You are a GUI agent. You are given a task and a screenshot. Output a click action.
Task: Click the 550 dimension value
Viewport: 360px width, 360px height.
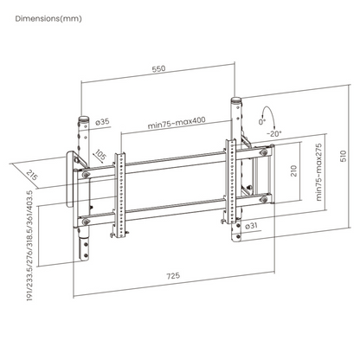(x=158, y=68)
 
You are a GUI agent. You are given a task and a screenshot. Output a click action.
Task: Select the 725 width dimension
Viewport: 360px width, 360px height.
(x=173, y=275)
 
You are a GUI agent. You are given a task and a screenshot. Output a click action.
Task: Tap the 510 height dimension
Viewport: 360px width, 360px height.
(x=344, y=156)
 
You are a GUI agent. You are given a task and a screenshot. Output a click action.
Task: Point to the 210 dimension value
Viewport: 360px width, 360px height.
(x=293, y=171)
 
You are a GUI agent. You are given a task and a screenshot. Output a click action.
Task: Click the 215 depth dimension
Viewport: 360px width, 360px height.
(x=32, y=176)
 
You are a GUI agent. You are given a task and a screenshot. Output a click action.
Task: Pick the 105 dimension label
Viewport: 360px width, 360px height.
(x=100, y=155)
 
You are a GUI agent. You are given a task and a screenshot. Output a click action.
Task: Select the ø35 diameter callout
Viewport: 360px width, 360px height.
(x=102, y=122)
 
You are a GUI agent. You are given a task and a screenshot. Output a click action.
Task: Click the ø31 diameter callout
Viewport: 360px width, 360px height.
(x=251, y=226)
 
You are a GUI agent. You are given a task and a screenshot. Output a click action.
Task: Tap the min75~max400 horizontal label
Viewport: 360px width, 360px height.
(x=177, y=123)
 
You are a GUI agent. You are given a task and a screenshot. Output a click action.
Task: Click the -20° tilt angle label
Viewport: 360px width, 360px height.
(x=273, y=133)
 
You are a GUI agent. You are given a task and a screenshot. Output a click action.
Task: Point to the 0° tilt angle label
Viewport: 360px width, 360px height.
(x=261, y=122)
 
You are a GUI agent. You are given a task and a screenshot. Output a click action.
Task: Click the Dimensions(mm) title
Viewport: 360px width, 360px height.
(x=48, y=19)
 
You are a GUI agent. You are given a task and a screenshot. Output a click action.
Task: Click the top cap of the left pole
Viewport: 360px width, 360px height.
(x=84, y=119)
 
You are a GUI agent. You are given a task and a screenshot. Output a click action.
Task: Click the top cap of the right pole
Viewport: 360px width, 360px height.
(x=236, y=101)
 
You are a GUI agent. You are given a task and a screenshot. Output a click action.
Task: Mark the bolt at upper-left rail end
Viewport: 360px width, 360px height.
(x=86, y=175)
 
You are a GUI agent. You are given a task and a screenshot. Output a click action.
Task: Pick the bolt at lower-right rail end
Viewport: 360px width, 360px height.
(x=264, y=199)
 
